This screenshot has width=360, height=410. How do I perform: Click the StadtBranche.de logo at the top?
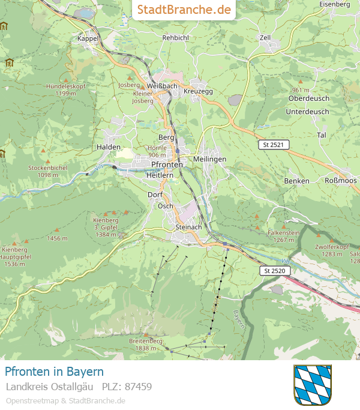[184, 10]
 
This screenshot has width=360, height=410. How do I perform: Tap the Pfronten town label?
[167, 164]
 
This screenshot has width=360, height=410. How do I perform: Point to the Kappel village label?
[88, 38]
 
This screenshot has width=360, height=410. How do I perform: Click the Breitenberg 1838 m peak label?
[145, 345]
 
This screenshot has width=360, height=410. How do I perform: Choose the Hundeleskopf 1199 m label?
[66, 90]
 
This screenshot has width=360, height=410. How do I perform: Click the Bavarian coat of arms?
[312, 384]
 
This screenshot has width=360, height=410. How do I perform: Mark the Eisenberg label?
[335, 4]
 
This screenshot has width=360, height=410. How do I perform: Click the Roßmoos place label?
[341, 181]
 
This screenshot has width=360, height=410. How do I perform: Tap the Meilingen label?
[210, 158]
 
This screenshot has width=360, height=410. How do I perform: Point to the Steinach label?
[189, 228]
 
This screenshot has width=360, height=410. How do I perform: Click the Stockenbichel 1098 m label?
[47, 171]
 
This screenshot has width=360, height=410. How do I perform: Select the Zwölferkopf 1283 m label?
[331, 250]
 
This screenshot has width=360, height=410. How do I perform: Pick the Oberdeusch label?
[308, 98]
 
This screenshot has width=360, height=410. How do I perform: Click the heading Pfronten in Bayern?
[54, 372]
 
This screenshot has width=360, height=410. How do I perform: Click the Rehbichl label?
[176, 37]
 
